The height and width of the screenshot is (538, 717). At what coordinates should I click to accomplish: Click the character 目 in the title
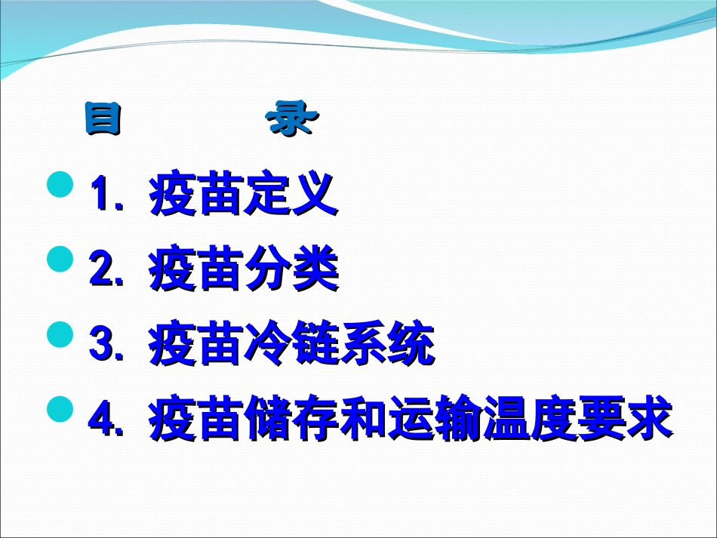(x=103, y=120)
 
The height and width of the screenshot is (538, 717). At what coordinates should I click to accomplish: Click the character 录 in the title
(x=294, y=120)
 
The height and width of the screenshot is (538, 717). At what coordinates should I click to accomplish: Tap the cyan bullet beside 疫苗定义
(x=60, y=184)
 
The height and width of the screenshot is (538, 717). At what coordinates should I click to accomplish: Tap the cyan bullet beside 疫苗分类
(x=60, y=259)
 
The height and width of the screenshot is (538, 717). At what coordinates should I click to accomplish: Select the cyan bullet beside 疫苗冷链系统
(x=60, y=334)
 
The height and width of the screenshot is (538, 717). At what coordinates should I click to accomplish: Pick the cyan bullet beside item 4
(x=60, y=410)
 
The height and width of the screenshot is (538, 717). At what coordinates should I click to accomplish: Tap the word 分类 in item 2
(x=291, y=272)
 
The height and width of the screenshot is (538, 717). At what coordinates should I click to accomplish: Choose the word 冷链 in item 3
(x=291, y=346)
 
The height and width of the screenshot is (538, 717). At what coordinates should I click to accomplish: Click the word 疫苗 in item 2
(x=195, y=272)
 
